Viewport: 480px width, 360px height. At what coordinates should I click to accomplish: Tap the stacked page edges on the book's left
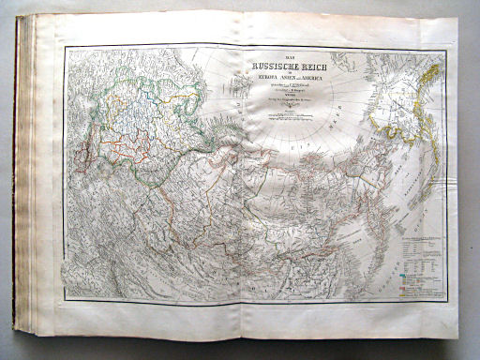(x=36, y=187)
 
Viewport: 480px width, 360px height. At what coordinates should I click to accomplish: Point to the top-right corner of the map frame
(x=443, y=50)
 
